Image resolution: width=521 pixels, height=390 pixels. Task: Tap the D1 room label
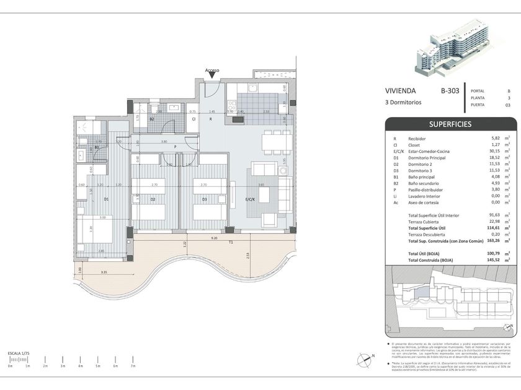pyautogui.click(x=106, y=199)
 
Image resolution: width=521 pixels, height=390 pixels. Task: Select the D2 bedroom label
pyautogui.click(x=153, y=199)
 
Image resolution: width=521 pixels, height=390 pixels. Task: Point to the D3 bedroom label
pyautogui.click(x=204, y=199)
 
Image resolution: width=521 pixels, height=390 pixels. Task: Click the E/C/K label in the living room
pyautogui.click(x=251, y=199)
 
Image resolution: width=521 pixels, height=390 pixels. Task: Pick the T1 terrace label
pyautogui.click(x=231, y=243)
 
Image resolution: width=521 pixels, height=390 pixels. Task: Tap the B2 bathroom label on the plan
pyautogui.click(x=152, y=119)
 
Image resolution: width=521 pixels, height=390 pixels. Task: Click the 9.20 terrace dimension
pyautogui.click(x=213, y=238)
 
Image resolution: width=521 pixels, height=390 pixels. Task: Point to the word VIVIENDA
pyautogui.click(x=400, y=91)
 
